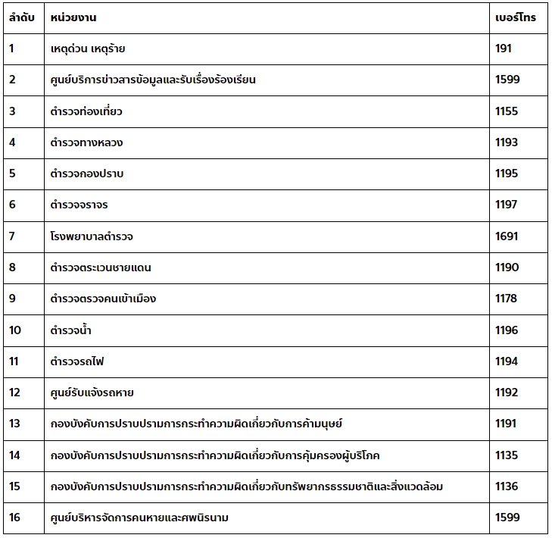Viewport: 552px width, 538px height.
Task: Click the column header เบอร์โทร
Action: pos(515,17)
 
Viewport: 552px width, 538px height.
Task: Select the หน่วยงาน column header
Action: pos(73,17)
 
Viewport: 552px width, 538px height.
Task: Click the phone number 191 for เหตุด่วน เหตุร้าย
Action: pos(504,48)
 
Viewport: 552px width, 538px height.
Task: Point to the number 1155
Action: pos(507,111)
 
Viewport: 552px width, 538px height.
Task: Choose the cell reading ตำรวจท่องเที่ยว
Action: pos(86,111)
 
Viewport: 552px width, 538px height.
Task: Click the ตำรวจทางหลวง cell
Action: pos(86,142)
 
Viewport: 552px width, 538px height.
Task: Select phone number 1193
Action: pos(507,142)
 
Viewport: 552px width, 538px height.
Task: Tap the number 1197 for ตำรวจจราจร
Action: pos(507,205)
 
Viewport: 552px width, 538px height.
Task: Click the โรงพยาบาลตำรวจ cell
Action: pos(92,236)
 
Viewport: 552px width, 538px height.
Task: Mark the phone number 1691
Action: pos(507,236)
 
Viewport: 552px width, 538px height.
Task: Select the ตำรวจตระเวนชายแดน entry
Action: pos(101,267)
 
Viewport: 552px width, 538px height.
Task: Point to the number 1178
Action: pos(506,299)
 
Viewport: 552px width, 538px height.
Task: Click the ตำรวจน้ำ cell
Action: pos(71,330)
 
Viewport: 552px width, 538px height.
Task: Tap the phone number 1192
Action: pos(507,393)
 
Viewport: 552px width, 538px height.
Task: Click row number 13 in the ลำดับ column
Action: pos(15,424)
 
